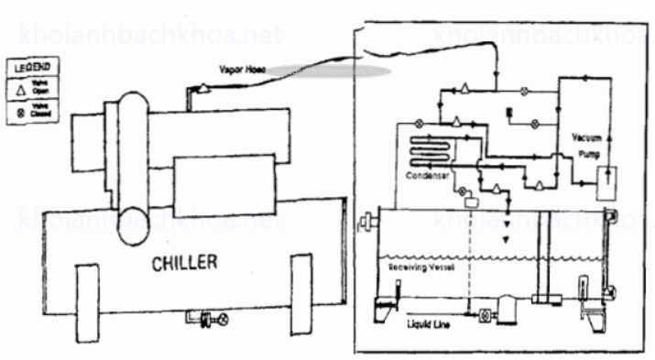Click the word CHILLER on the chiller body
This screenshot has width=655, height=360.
pyautogui.click(x=184, y=264)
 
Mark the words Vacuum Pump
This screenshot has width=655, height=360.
pyautogui.click(x=586, y=147)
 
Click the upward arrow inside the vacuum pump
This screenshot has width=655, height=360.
pyautogui.click(x=611, y=135)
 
